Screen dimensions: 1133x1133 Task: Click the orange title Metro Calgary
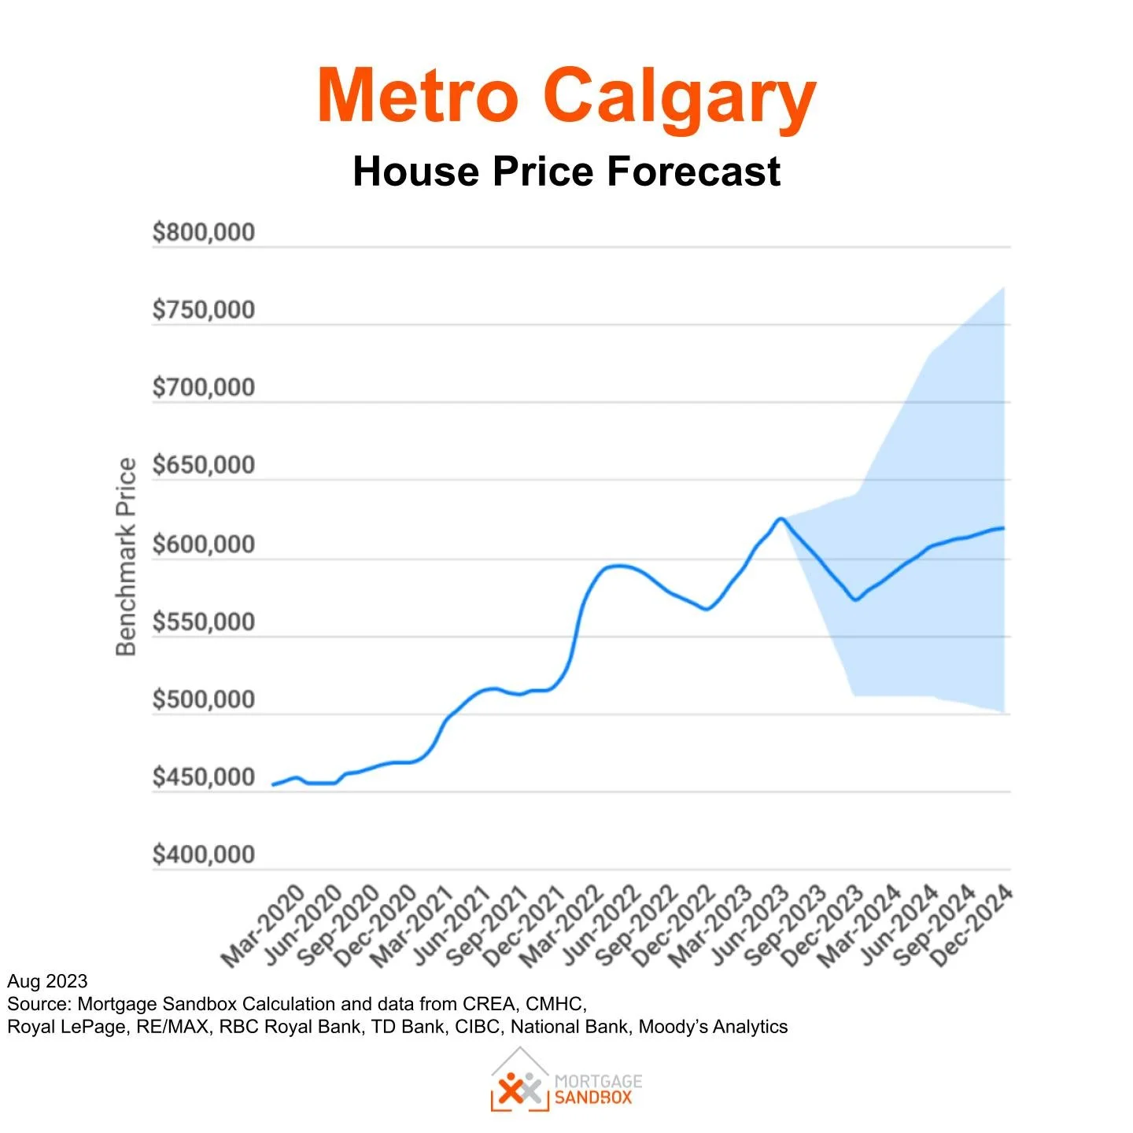coord(566,96)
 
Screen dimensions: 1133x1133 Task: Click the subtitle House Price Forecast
coord(566,171)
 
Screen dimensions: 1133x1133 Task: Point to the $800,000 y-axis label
coord(204,232)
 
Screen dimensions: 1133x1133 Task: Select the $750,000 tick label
coord(204,310)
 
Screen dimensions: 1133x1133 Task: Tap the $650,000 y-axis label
coord(204,465)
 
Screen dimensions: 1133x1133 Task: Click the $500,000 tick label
coord(204,699)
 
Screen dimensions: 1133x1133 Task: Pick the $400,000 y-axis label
coord(204,854)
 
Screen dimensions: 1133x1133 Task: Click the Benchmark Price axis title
coord(126,557)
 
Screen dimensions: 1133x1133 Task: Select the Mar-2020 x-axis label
coord(263,926)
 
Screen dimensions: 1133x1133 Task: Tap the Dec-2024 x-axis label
coord(971,926)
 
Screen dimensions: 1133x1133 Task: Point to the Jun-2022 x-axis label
coord(602,926)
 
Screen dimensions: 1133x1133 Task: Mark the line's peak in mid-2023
coord(780,519)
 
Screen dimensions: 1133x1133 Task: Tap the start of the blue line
coord(273,784)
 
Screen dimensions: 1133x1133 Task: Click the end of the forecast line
coord(1003,528)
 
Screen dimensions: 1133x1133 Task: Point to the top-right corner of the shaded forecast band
coord(1003,289)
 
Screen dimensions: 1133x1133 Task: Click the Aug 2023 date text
coord(47,981)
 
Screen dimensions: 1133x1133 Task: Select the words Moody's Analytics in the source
coord(713,1027)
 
